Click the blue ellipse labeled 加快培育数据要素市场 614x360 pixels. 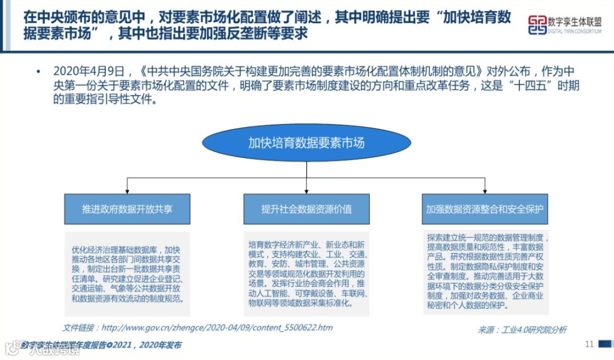coord(306,143)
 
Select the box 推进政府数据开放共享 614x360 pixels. coord(127,209)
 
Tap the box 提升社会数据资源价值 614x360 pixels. coord(306,209)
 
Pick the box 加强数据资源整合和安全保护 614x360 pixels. coord(485,209)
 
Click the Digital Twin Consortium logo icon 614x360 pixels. coord(537,25)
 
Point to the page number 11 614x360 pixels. coord(589,344)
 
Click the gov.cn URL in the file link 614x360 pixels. coord(217,328)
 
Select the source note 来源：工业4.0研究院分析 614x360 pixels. coord(522,330)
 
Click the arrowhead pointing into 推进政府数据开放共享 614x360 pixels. coord(127,191)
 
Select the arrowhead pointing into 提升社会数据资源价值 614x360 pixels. coord(306,191)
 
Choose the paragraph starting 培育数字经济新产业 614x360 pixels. coord(306,274)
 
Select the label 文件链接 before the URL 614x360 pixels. coord(79,328)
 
